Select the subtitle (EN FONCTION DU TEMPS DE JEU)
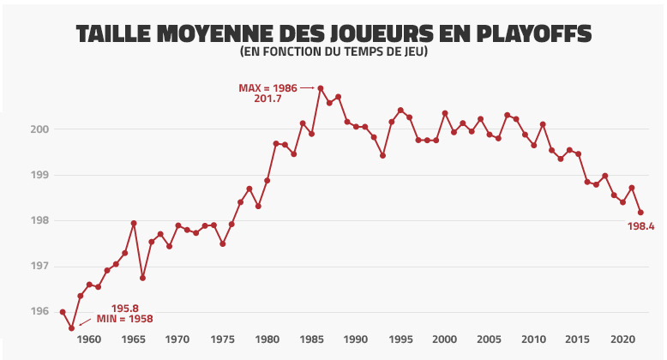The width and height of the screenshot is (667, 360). (x=333, y=53)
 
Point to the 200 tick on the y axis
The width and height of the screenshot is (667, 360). (x=40, y=129)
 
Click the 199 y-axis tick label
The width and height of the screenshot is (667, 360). (x=40, y=175)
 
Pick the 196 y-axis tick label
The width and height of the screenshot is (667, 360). (x=40, y=311)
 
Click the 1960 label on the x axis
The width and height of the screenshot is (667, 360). (x=89, y=339)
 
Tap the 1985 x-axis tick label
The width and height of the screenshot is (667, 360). (x=311, y=339)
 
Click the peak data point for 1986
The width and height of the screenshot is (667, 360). (x=321, y=88)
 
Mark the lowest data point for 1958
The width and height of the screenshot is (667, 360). (x=71, y=327)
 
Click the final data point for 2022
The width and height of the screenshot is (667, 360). (x=640, y=213)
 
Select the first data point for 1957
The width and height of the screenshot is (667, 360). (x=63, y=312)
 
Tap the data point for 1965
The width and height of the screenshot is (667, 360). (x=134, y=223)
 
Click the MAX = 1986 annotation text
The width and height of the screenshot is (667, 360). (x=267, y=88)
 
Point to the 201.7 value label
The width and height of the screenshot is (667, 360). (x=268, y=99)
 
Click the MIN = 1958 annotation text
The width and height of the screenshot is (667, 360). (x=124, y=319)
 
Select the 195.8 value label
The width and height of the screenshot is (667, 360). (x=125, y=308)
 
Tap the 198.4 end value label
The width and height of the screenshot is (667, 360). (x=640, y=227)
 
